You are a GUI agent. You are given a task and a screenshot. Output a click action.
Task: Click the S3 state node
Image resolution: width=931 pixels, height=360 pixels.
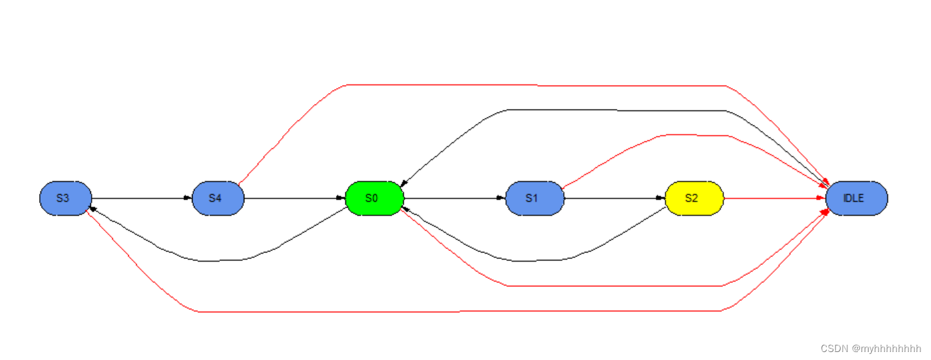[65, 198]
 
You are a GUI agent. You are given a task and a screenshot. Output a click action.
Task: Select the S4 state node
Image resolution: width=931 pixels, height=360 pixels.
[218, 198]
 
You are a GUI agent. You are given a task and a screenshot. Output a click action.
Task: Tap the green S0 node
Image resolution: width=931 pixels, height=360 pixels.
[375, 198]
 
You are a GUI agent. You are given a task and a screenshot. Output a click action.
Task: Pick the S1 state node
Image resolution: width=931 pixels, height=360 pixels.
[535, 198]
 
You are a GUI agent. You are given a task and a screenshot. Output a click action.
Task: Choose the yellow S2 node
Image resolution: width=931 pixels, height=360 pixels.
[694, 198]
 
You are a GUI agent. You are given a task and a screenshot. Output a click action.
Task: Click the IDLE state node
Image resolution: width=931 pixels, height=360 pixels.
[856, 198]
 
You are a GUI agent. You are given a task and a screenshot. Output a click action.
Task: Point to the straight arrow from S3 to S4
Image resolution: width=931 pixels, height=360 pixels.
[139, 198]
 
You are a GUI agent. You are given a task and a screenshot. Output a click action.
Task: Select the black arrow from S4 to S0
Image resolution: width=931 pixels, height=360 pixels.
[292, 198]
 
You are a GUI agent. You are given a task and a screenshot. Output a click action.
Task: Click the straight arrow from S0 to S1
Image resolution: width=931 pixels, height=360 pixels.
[452, 198]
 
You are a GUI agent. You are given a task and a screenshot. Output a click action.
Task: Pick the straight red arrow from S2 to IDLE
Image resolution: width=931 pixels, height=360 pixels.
[774, 198]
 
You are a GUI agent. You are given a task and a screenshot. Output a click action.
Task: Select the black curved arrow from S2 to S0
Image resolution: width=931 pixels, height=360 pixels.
[531, 260]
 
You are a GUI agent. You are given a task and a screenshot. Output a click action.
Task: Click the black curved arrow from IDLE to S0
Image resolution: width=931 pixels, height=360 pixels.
[598, 110]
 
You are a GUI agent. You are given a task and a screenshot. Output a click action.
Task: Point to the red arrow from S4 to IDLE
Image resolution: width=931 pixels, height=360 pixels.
[531, 85]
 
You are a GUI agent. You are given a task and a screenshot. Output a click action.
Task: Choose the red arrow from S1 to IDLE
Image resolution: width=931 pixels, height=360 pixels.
[691, 135]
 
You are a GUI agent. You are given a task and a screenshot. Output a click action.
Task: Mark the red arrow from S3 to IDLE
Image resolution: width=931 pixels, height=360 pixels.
[465, 311]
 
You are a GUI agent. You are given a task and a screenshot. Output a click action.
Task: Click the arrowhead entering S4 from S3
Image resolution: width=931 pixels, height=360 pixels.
[187, 198]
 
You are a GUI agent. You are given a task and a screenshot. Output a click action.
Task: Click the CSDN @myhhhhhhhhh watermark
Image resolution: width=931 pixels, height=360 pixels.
[871, 349]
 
